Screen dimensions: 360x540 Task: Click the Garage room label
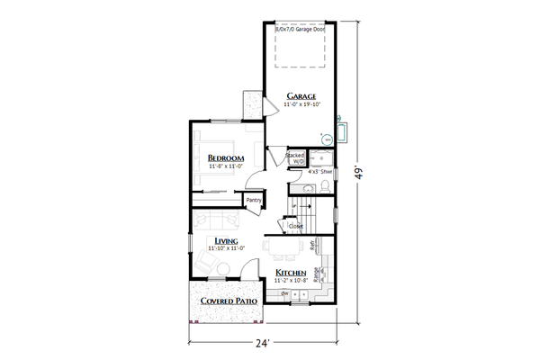[x=301, y=95]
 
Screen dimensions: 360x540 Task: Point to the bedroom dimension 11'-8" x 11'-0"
[x=227, y=166]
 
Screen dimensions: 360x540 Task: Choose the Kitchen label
[x=291, y=273]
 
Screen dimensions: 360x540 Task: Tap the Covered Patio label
[x=229, y=301]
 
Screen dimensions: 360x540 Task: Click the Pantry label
[x=254, y=200]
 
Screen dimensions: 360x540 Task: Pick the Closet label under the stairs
[x=295, y=226]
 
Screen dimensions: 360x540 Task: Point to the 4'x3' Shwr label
[x=320, y=170]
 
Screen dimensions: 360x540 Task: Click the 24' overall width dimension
[x=263, y=343]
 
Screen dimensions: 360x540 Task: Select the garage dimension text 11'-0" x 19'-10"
[x=302, y=105]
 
